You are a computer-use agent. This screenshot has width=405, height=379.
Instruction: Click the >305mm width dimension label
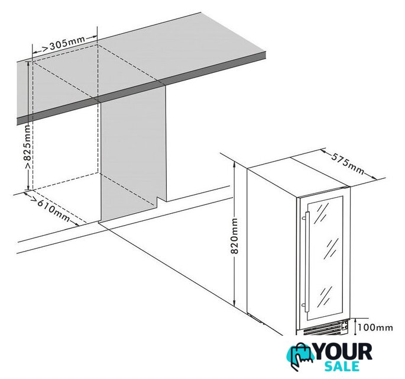click(x=63, y=44)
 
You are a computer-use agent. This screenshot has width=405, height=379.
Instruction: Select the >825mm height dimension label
click(x=28, y=147)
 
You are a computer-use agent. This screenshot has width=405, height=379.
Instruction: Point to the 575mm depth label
click(x=348, y=164)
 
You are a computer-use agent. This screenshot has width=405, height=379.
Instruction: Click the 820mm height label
click(x=234, y=236)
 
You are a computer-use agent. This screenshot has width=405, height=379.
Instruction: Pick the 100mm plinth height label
click(x=375, y=327)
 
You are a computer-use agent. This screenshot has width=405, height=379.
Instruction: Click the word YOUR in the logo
click(x=344, y=352)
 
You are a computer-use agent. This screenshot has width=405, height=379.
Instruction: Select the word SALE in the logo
click(x=342, y=367)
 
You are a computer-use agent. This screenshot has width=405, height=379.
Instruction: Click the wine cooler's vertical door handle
click(x=307, y=262)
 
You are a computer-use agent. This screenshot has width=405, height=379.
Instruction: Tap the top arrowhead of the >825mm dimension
click(x=28, y=64)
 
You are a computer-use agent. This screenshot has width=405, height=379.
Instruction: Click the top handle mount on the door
click(x=304, y=219)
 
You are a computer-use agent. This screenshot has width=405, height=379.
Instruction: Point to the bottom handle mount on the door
click(x=304, y=305)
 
